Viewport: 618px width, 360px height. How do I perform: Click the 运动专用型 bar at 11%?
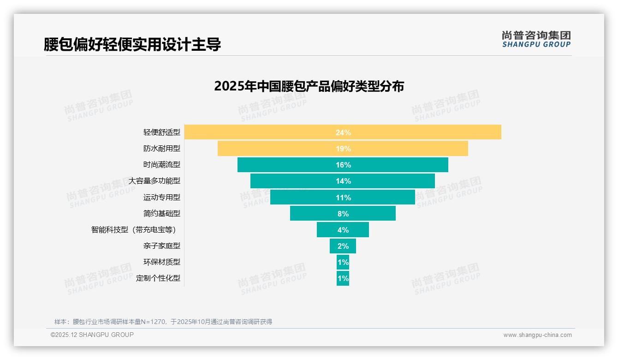[x=304, y=197]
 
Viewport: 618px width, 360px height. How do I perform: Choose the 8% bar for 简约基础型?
[x=314, y=213]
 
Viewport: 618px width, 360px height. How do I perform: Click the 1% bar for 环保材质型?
[x=343, y=262]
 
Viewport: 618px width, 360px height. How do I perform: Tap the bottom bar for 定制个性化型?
[x=343, y=278]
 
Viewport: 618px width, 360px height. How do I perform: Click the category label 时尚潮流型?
[x=161, y=165]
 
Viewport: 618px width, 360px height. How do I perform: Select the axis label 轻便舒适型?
[x=161, y=132]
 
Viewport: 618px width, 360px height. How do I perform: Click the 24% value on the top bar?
[x=343, y=132]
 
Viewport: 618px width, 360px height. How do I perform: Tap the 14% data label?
[x=343, y=181]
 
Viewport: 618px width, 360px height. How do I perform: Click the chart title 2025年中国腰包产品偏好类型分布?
[x=309, y=86]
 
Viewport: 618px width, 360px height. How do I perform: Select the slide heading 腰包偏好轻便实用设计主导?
[x=132, y=44]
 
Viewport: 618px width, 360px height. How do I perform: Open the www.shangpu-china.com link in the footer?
[x=537, y=335]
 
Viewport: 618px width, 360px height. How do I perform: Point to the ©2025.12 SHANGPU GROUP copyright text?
[x=92, y=335]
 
